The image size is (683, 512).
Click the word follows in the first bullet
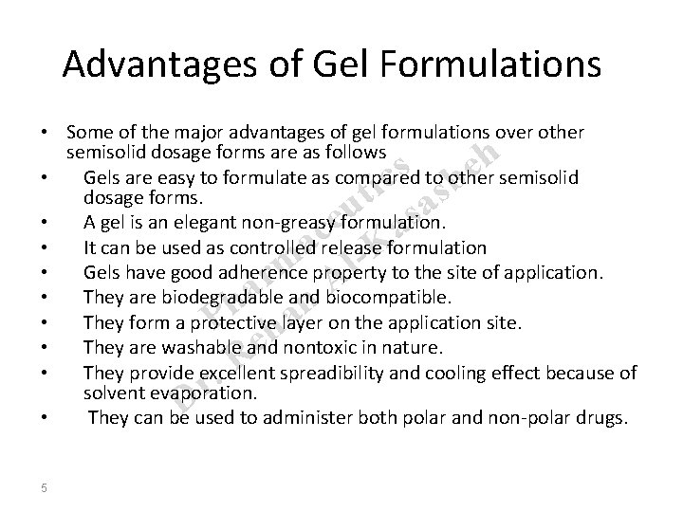click(358, 151)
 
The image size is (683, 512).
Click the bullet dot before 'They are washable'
click(45, 347)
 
